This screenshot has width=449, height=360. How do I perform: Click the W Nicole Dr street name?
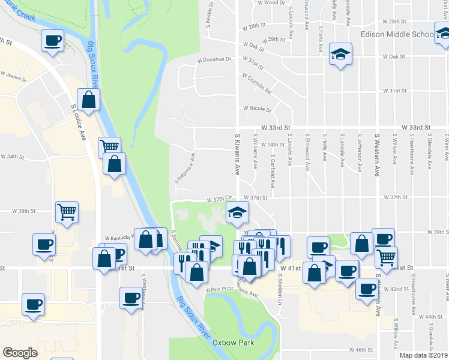click(x=258, y=109)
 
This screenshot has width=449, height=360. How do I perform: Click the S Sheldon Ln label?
click(x=280, y=286)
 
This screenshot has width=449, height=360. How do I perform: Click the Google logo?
click(x=20, y=353)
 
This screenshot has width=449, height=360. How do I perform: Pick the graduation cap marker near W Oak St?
click(x=340, y=54)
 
